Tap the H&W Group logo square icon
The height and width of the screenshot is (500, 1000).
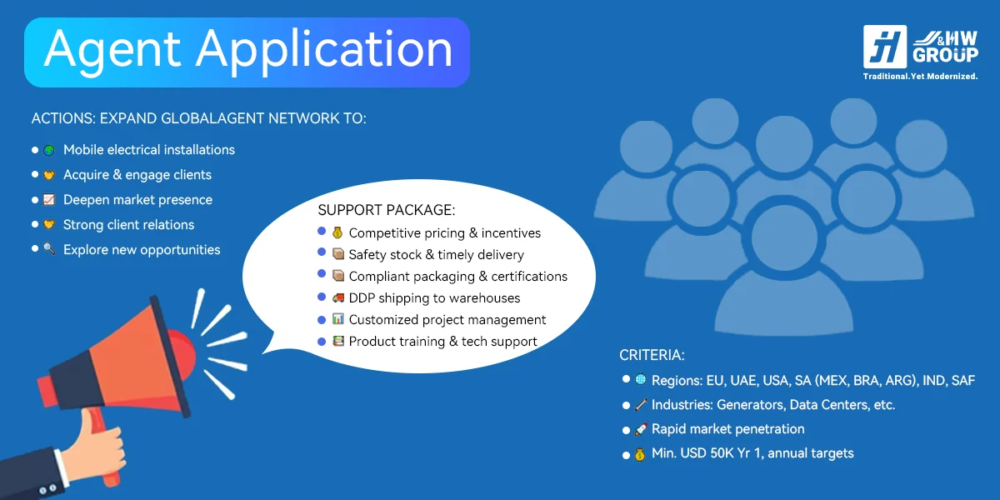click(885, 47)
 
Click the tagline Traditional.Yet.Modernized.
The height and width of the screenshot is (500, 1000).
click(920, 77)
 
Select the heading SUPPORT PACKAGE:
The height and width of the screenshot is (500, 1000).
click(387, 210)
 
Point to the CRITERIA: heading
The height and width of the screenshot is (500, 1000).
click(652, 355)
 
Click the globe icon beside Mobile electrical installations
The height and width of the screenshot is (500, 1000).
click(49, 151)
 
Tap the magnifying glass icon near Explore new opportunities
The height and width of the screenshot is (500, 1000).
click(49, 249)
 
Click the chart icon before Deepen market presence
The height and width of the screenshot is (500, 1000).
click(48, 199)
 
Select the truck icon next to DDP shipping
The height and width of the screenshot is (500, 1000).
click(338, 297)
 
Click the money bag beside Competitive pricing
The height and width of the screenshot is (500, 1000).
click(337, 232)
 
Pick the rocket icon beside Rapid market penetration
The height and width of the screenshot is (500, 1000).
click(641, 429)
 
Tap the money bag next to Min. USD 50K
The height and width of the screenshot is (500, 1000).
click(640, 454)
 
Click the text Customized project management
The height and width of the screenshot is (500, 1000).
click(447, 320)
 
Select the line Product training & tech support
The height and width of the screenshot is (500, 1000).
click(442, 342)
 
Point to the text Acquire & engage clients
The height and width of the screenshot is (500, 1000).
click(137, 174)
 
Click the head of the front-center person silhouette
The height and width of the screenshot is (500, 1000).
click(784, 238)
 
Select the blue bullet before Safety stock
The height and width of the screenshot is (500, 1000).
click(322, 252)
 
